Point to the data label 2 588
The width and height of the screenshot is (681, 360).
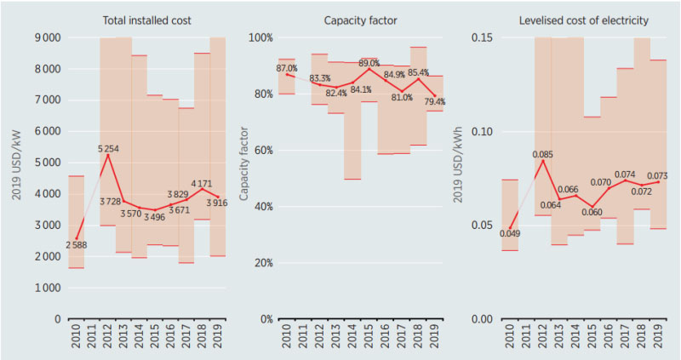point(75,246)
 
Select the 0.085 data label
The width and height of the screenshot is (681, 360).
point(541,155)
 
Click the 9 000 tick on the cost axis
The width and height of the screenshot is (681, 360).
point(46,37)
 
